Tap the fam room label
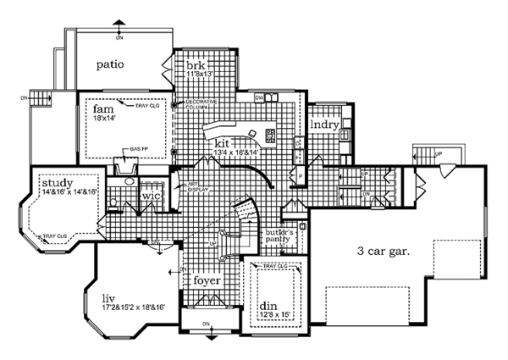102,111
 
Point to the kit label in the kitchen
222,143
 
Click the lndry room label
325,125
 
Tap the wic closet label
151,196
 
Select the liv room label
105,299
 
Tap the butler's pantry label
279,235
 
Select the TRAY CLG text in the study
54,235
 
